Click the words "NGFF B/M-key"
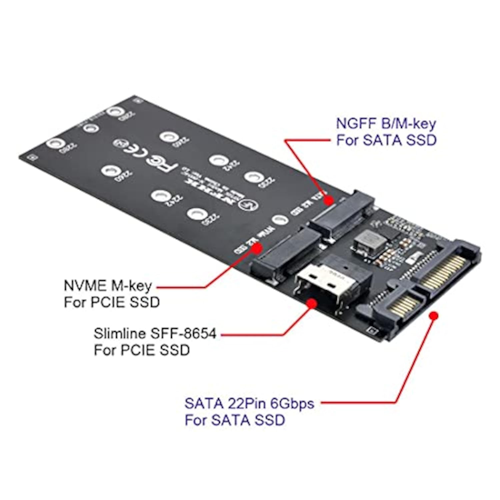click(386, 124)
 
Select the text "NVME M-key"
click(107, 286)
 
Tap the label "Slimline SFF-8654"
click(155, 333)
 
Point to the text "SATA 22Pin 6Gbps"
click(249, 404)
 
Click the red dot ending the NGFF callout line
click(329, 200)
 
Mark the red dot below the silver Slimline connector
click(311, 303)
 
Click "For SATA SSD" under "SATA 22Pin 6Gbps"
click(235, 420)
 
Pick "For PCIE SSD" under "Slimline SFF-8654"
click(142, 350)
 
